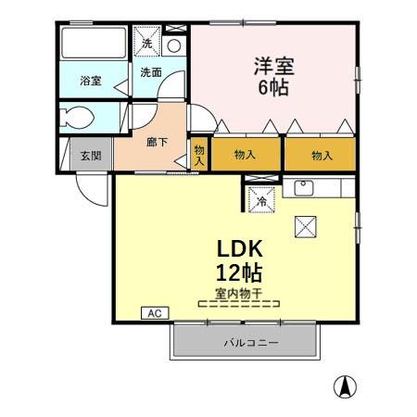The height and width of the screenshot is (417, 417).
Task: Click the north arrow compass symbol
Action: click(345, 385)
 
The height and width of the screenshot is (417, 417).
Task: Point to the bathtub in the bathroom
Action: click(93, 44)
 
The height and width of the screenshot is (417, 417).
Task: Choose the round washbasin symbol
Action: click(173, 44)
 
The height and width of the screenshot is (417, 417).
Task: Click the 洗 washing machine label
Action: click(146, 42)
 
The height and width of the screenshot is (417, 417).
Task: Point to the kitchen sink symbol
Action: click(303, 188)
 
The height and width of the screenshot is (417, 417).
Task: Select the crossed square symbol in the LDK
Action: click(306, 225)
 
